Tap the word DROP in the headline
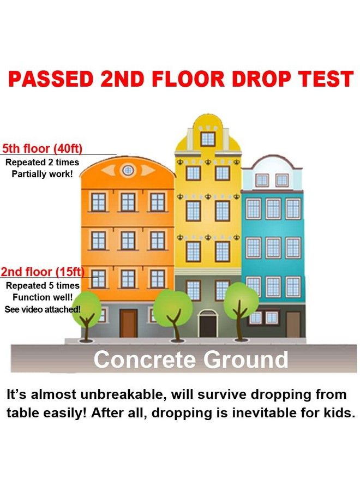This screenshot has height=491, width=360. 262,79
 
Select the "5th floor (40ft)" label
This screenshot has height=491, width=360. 42,148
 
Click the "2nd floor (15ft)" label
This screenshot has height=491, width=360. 42,272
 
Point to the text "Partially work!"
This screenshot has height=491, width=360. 42,174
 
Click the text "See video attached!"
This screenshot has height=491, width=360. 42,309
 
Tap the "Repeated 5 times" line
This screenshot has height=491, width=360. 43,285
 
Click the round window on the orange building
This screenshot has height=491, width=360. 128,170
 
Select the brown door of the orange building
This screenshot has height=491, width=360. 128,323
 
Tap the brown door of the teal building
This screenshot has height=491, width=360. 293,325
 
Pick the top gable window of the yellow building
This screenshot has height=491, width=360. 208,139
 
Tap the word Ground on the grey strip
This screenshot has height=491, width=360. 246,360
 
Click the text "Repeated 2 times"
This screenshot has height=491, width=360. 42,162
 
